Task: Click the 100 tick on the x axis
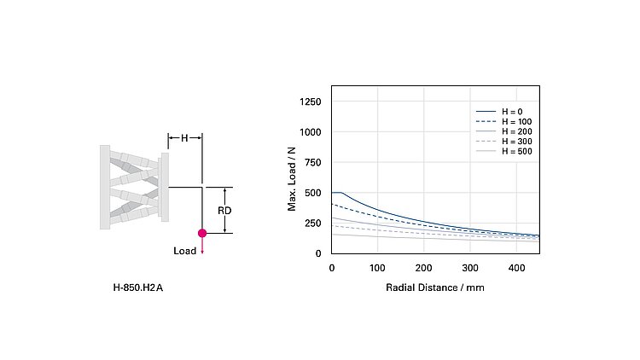pos(377,268)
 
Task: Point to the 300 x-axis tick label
pos(469,268)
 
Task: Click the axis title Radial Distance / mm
pos(435,287)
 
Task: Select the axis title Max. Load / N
pos(292,178)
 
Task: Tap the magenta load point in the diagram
pos(202,233)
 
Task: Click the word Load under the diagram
pos(184,251)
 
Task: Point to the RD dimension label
pos(224,210)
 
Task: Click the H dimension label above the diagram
pos(184,137)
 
